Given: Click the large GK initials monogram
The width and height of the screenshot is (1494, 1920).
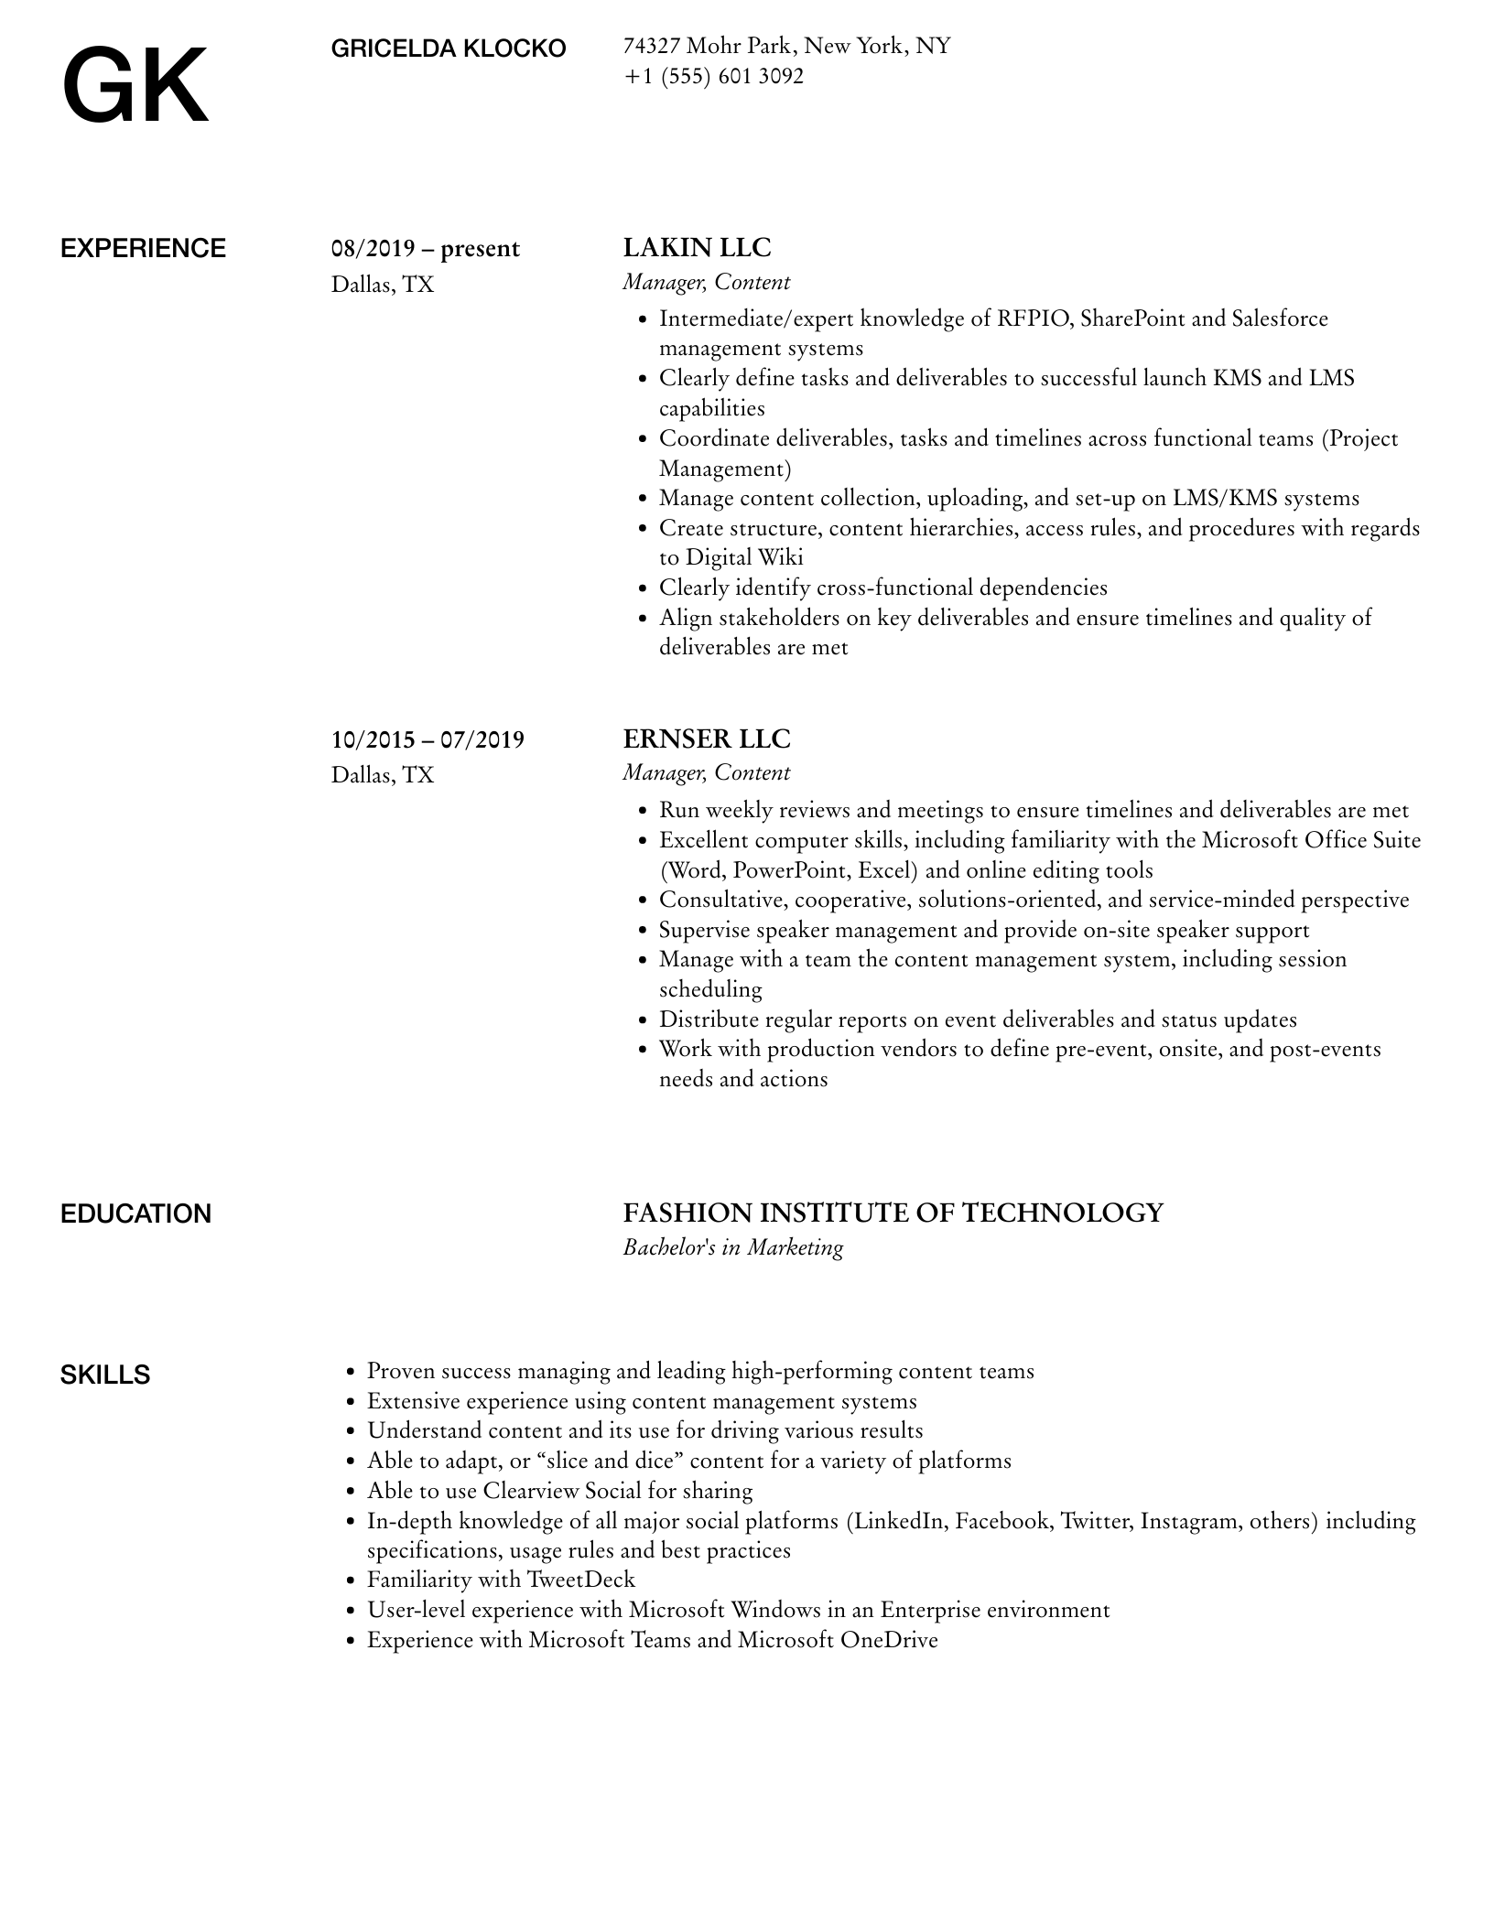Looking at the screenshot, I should (x=135, y=86).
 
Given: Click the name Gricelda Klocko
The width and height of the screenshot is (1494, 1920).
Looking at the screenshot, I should (x=449, y=49).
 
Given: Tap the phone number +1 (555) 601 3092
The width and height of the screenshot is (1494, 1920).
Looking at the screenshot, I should (x=713, y=76).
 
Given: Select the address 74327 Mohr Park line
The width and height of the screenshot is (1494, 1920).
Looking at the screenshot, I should (x=786, y=46).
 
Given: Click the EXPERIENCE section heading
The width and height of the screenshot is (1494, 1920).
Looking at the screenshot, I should (x=143, y=249).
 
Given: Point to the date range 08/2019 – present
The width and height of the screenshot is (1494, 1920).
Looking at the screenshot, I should (x=426, y=249).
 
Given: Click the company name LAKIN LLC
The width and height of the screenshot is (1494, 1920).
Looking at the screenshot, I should (x=697, y=248).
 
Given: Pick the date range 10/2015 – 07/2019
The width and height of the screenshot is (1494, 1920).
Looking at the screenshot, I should (x=428, y=739).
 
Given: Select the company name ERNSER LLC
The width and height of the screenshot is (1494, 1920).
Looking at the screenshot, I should (x=706, y=739).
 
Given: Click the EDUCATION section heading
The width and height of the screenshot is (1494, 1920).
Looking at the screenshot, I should (x=135, y=1214).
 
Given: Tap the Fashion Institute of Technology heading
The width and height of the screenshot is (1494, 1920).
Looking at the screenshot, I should (x=893, y=1213).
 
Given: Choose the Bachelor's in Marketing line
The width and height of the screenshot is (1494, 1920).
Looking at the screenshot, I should (x=732, y=1247).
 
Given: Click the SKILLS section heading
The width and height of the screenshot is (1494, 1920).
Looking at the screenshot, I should (x=105, y=1375).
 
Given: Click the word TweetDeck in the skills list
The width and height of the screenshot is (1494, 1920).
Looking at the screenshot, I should (x=580, y=1580).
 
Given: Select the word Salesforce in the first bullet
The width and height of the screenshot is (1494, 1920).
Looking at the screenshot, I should (x=1279, y=318).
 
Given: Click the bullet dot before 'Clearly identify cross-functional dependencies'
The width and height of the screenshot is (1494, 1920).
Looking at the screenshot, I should (x=643, y=588).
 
